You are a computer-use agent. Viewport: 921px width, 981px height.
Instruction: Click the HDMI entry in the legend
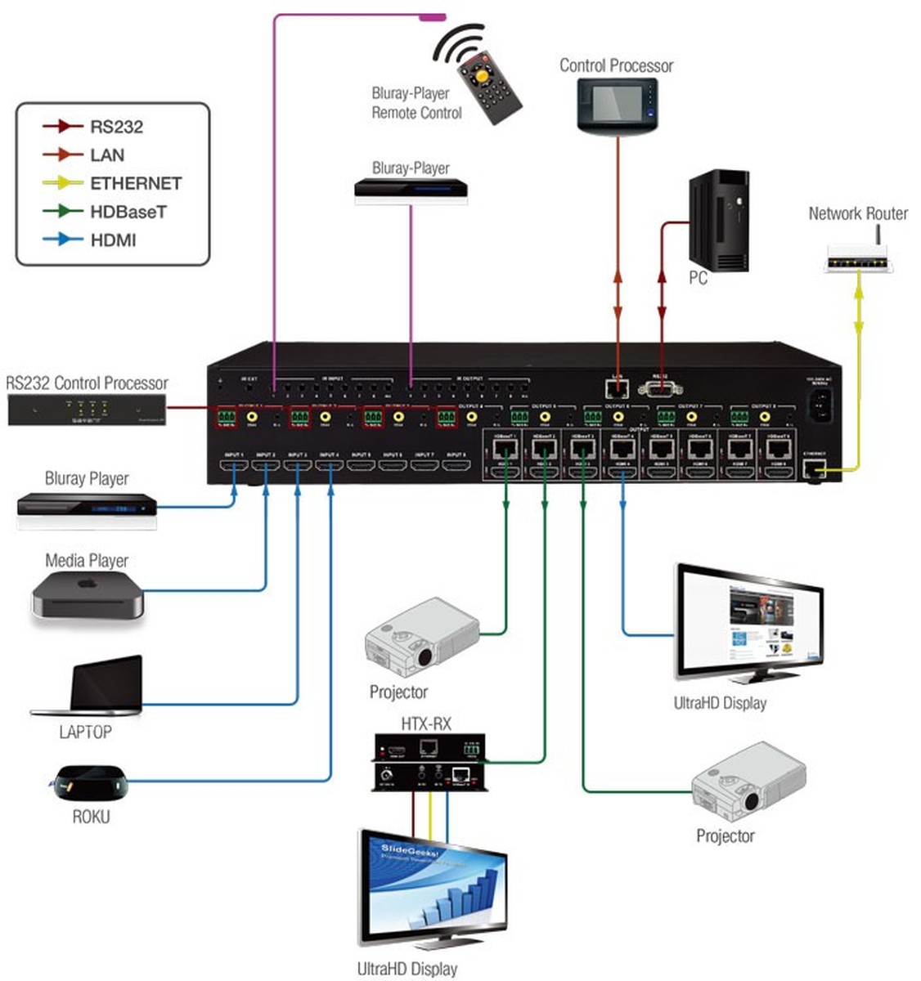[113, 240]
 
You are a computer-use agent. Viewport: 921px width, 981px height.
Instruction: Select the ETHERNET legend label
[135, 183]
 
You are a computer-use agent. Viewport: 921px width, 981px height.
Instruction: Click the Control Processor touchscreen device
[618, 106]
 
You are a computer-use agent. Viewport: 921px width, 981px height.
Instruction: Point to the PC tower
[718, 221]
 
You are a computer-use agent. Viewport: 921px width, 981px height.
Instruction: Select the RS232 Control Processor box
[87, 409]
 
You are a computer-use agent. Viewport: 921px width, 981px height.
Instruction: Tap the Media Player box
[88, 596]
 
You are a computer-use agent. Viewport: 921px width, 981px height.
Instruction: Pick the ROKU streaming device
[91, 782]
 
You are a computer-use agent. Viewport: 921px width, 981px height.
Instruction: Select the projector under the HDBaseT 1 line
[422, 637]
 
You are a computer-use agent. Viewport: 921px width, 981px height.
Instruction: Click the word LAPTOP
[85, 732]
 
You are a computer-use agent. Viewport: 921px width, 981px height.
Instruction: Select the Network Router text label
[858, 213]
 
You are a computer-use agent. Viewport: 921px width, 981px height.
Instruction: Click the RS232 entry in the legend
[116, 127]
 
